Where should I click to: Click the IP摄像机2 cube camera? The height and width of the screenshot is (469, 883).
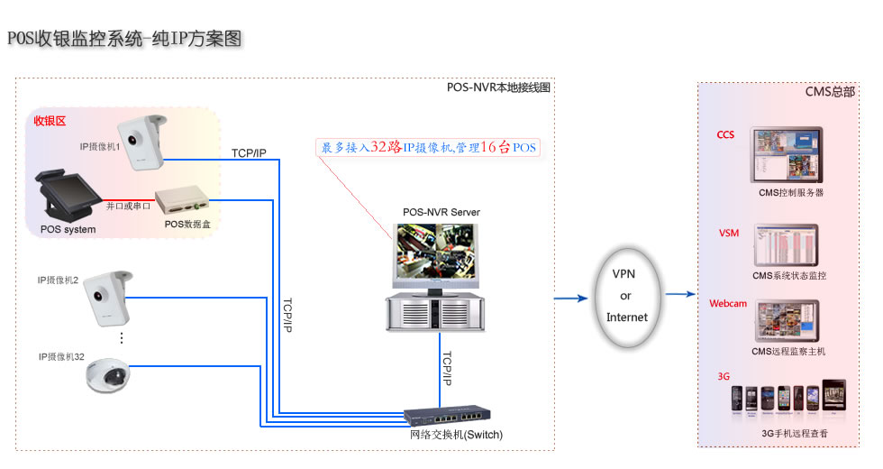[x=108, y=298]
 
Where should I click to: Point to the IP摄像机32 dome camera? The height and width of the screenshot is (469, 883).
[x=108, y=376]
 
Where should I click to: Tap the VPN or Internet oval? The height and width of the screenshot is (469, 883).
[x=626, y=295]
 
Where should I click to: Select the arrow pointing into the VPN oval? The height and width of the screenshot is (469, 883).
[x=570, y=295]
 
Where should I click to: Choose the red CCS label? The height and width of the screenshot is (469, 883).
[x=725, y=135]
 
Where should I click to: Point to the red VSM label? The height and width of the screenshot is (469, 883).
[x=728, y=234]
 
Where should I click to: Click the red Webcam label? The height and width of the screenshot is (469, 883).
[x=728, y=304]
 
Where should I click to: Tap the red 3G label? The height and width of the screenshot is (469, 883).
[x=723, y=374]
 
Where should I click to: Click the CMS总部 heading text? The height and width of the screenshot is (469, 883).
[x=830, y=92]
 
